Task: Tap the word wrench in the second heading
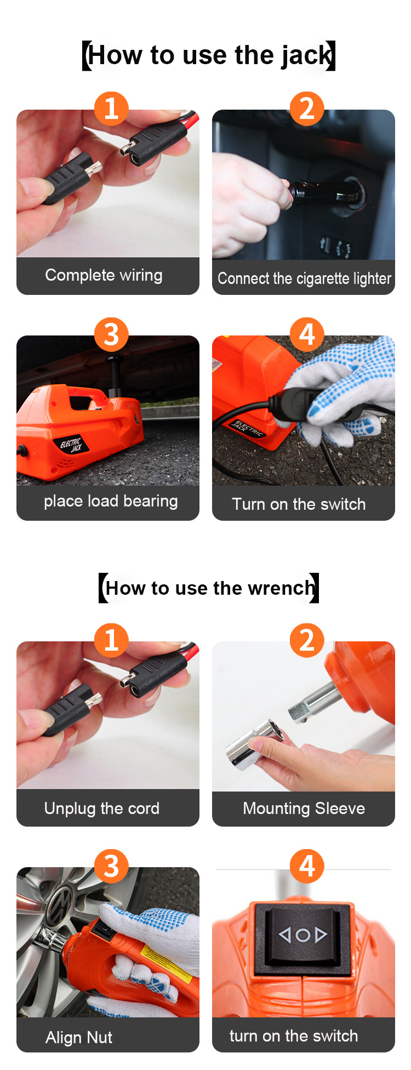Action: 281,588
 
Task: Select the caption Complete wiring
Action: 104,275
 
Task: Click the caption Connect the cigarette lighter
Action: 304,278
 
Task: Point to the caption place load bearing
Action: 111,501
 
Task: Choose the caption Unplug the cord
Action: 102,809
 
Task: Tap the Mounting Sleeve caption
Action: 304,809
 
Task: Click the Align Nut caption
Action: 79,1037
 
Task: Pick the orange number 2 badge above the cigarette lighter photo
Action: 307,109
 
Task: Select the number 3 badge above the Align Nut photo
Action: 111,866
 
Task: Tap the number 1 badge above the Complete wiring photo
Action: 111,109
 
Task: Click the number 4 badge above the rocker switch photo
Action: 307,866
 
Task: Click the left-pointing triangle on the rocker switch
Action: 285,934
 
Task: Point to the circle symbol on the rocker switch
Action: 302,935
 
